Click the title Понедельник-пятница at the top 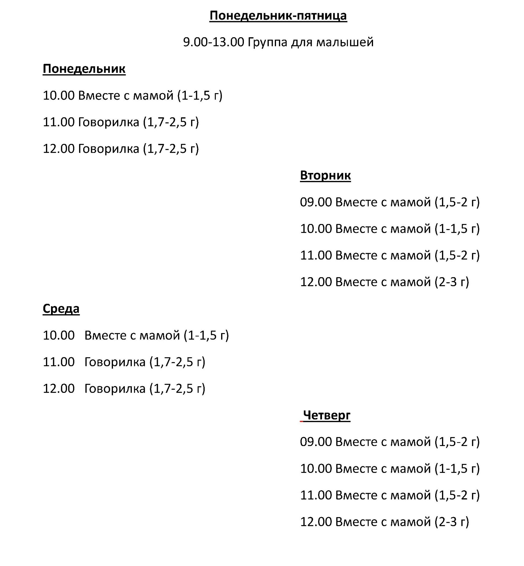pyautogui.click(x=278, y=16)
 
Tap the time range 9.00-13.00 pyautogui.click(x=213, y=42)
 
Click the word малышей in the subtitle pyautogui.click(x=345, y=42)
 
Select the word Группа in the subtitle pyautogui.click(x=267, y=42)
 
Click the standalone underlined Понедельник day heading pyautogui.click(x=84, y=69)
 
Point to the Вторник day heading pyautogui.click(x=325, y=175)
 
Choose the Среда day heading pyautogui.click(x=61, y=309)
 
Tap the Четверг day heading pyautogui.click(x=326, y=415)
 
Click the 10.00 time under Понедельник pyautogui.click(x=59, y=96)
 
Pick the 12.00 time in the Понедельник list pyautogui.click(x=59, y=149)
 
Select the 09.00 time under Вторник pyautogui.click(x=316, y=202)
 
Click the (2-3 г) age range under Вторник pyautogui.click(x=452, y=282)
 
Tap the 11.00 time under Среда pyautogui.click(x=59, y=362)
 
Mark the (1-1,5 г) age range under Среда pyautogui.click(x=206, y=335)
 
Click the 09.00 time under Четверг pyautogui.click(x=316, y=442)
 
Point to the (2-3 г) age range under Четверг pyautogui.click(x=452, y=522)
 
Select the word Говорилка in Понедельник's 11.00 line pyautogui.click(x=109, y=122)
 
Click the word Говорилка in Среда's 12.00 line pyautogui.click(x=115, y=389)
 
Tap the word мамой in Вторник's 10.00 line pyautogui.click(x=410, y=229)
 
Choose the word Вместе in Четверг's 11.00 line pyautogui.click(x=356, y=495)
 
